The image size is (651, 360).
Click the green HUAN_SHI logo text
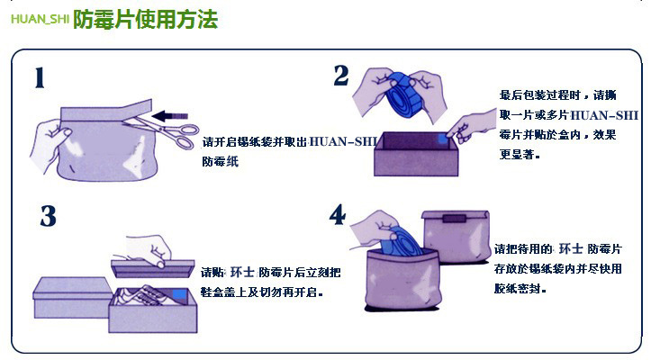[40, 20]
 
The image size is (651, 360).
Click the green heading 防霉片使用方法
[145, 19]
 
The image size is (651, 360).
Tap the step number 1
[40, 78]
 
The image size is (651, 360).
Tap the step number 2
[341, 76]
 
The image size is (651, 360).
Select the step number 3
[48, 216]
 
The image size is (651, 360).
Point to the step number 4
[338, 214]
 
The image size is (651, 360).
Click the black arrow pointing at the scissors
[169, 116]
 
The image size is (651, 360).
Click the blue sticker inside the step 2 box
[441, 139]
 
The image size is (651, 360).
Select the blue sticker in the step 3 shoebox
[179, 294]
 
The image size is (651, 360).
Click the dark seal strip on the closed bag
[455, 219]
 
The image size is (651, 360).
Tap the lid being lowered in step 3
[152, 268]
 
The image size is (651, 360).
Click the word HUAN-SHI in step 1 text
[343, 141]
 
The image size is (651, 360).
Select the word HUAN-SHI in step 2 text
[604, 115]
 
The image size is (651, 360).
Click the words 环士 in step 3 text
[242, 272]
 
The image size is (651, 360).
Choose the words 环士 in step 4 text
[571, 248]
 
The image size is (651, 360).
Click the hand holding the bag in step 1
[48, 143]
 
